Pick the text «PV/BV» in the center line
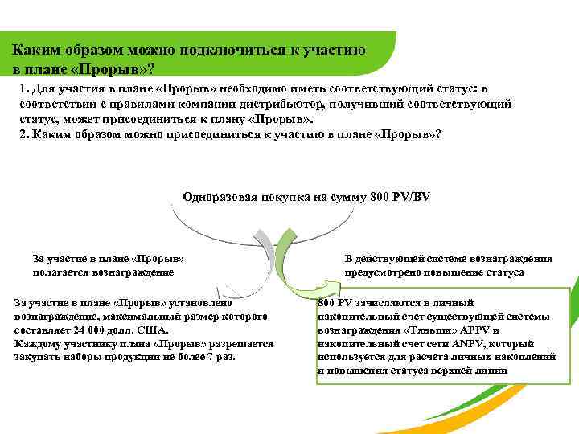tap(410, 196)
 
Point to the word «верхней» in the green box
tap(456, 370)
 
